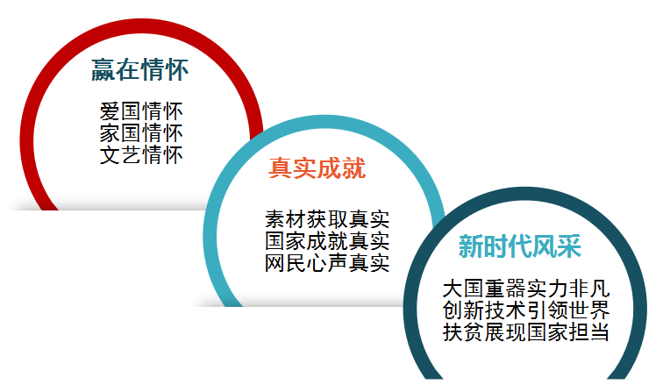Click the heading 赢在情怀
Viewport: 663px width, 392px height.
(140, 70)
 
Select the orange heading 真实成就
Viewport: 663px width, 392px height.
(317, 167)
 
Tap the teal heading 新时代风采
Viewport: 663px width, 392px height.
(520, 246)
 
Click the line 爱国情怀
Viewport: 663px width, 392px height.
(141, 111)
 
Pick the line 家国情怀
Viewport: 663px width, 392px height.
(141, 133)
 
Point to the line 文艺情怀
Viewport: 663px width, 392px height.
(141, 154)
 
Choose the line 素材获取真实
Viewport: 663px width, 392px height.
(327, 219)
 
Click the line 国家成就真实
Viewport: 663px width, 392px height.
(327, 241)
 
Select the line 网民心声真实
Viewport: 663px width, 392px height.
(327, 262)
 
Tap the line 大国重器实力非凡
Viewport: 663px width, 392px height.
(526, 289)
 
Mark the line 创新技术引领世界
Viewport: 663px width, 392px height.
(526, 310)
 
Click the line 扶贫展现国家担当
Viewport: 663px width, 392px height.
(526, 332)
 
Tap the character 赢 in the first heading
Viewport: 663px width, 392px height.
(103, 70)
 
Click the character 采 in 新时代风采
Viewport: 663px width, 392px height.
(569, 246)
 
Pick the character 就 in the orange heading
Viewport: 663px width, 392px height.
(354, 167)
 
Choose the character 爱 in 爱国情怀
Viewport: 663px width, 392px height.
(110, 111)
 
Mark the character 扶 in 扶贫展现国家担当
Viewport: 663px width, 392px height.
(453, 332)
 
